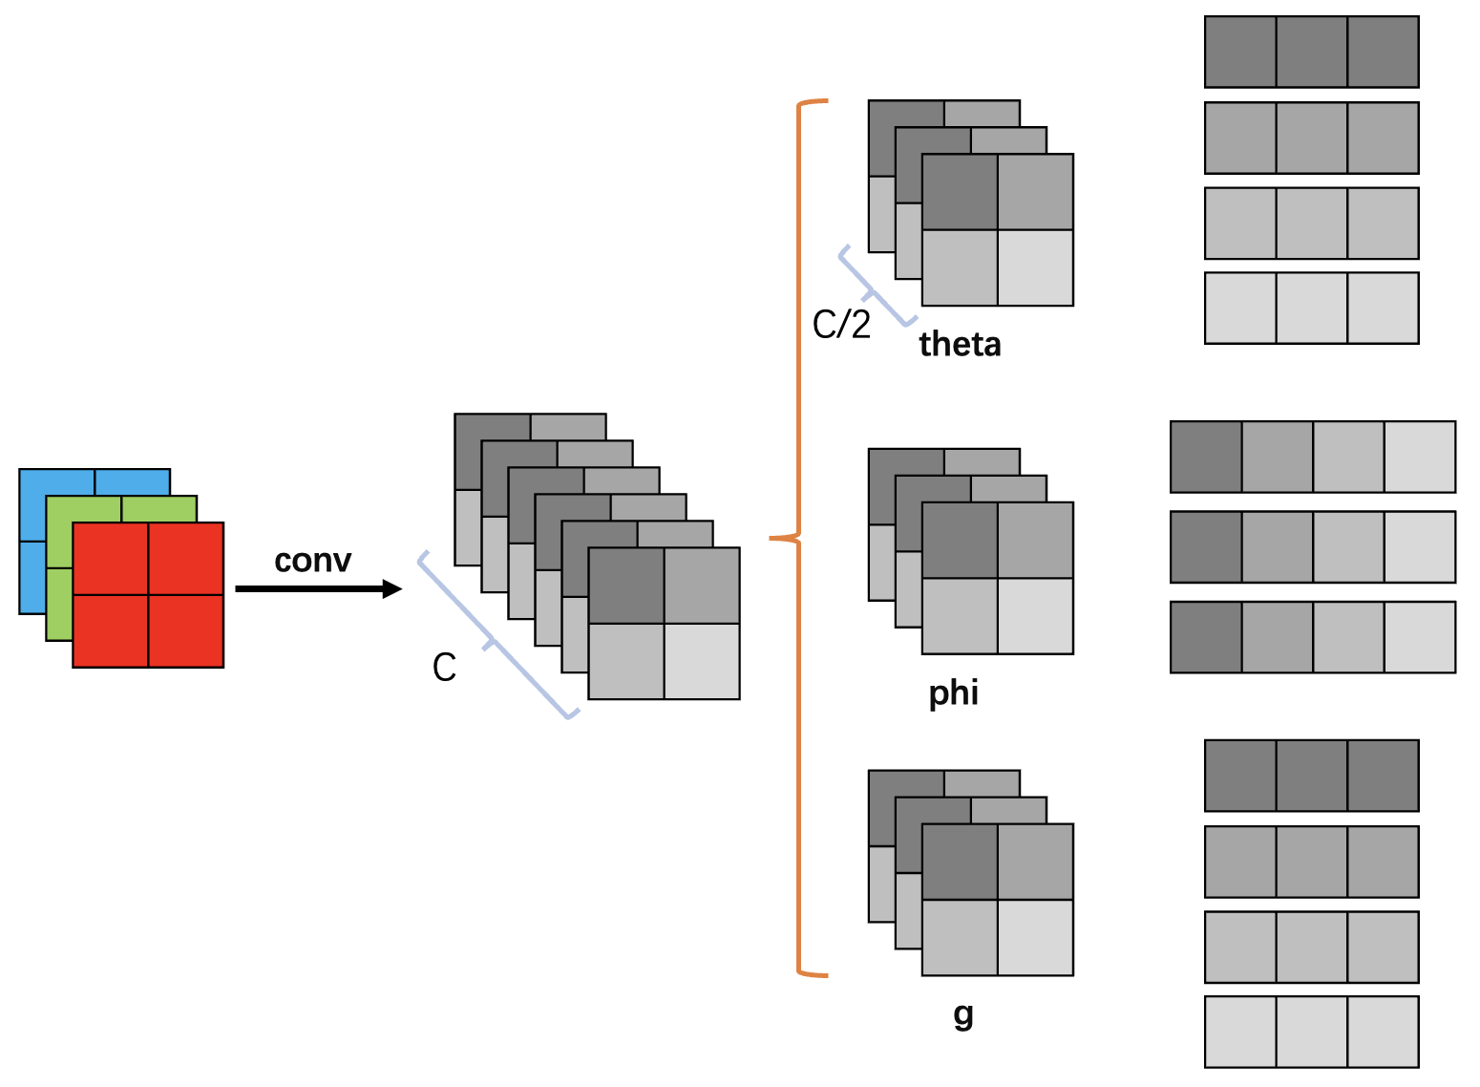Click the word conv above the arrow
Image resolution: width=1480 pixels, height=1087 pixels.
(x=312, y=561)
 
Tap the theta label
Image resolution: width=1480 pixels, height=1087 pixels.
(x=960, y=344)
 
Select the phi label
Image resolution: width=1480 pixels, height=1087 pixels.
(x=953, y=693)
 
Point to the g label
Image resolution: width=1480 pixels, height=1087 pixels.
(x=963, y=1013)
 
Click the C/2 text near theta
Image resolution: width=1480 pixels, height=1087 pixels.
(x=841, y=325)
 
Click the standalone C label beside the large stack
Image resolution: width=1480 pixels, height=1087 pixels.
(x=444, y=668)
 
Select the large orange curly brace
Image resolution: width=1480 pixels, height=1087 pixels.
(x=798, y=538)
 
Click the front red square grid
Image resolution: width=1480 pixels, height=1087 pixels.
(x=148, y=594)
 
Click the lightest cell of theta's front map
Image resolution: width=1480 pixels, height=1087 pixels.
(x=1035, y=267)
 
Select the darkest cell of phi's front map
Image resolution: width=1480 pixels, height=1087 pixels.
(x=960, y=541)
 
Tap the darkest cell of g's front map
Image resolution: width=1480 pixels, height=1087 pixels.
(x=960, y=862)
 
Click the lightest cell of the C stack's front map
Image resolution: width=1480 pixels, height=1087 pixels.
(x=702, y=661)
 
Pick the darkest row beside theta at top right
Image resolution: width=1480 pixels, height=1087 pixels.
(x=1311, y=52)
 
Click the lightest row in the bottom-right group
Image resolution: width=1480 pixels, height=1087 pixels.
(x=1311, y=1032)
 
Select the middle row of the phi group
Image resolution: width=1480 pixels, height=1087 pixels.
(x=1312, y=547)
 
